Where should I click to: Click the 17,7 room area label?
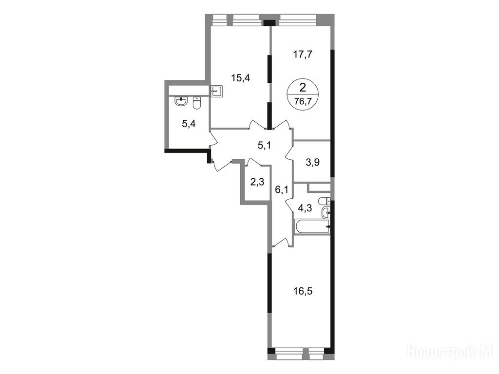303,55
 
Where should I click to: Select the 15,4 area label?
240,78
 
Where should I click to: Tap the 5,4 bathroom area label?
189,124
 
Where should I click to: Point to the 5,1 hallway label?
264,146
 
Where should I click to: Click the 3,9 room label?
312,163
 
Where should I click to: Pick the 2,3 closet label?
257,183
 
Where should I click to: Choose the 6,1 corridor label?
282,190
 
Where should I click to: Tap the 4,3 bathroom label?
305,207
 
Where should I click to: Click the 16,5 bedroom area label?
303,291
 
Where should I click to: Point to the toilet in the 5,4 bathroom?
197,103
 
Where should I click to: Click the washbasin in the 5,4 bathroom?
181,101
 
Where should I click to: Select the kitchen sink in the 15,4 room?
216,91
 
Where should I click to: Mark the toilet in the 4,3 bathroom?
325,201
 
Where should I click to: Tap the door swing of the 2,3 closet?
253,162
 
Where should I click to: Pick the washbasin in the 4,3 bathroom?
326,212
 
